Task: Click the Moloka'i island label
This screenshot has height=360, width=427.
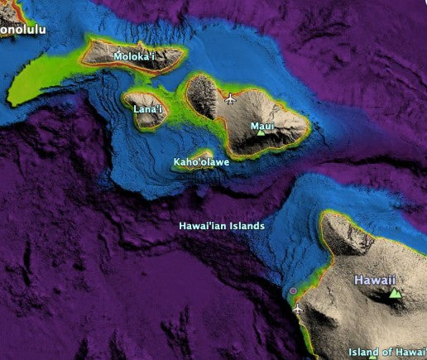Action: (136, 57)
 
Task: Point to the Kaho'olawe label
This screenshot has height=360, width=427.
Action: (201, 162)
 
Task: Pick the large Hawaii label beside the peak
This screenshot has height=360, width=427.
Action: (375, 281)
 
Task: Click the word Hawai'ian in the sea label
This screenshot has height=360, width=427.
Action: (204, 226)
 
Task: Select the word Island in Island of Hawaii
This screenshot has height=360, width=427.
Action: (364, 352)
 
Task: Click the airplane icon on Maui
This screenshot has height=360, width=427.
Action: (230, 100)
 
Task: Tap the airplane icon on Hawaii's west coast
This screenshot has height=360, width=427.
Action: (297, 308)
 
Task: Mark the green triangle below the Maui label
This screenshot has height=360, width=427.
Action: (261, 133)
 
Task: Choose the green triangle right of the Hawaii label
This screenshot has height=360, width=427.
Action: (396, 293)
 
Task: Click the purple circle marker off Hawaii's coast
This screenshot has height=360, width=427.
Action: (292, 291)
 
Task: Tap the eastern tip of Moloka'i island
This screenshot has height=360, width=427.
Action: (181, 55)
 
